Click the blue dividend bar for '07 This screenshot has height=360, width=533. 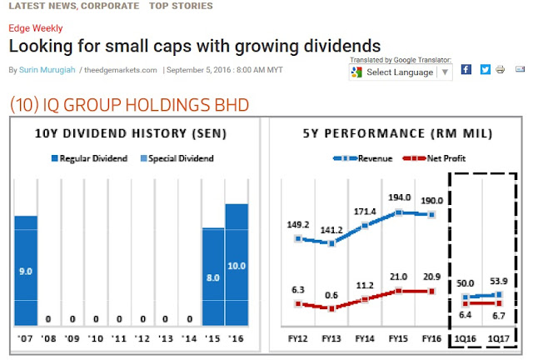tap(26, 270)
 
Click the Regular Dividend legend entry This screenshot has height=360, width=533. tap(90, 158)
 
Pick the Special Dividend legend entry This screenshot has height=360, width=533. tap(176, 158)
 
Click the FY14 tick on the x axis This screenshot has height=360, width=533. tap(364, 339)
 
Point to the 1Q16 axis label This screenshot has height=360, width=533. tap(466, 339)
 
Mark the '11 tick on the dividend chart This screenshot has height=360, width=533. tap(119, 339)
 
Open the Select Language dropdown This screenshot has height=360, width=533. tap(400, 72)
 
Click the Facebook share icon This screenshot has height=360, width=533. tap(466, 70)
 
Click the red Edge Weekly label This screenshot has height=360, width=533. tap(31, 28)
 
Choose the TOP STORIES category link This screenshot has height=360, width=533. tap(181, 6)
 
